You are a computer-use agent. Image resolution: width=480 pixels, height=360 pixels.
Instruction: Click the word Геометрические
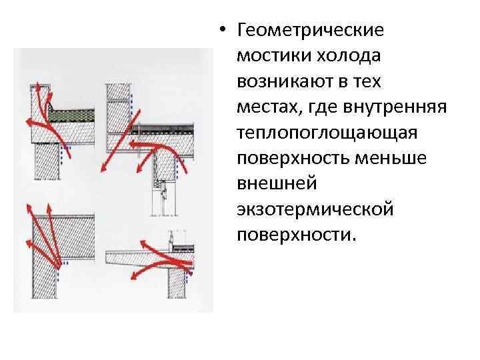(x=310, y=31)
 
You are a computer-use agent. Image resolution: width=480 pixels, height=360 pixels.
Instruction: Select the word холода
(x=349, y=56)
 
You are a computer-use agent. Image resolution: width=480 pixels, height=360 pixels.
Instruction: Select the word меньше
(x=391, y=159)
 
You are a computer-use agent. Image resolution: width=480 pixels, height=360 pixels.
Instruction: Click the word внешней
(x=277, y=184)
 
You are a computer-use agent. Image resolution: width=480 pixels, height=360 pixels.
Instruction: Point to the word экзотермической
(x=315, y=210)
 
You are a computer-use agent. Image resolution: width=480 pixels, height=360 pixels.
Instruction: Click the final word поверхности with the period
(x=297, y=235)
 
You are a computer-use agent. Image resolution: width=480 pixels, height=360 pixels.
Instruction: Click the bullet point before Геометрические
(x=223, y=30)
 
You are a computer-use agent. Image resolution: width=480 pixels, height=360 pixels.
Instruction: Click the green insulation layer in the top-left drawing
(x=72, y=116)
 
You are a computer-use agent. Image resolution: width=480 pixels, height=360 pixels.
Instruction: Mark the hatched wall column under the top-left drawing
(x=47, y=161)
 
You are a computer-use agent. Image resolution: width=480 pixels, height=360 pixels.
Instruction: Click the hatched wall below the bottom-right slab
(x=177, y=283)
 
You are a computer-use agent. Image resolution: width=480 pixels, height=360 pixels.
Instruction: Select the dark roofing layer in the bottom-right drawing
(x=183, y=247)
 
